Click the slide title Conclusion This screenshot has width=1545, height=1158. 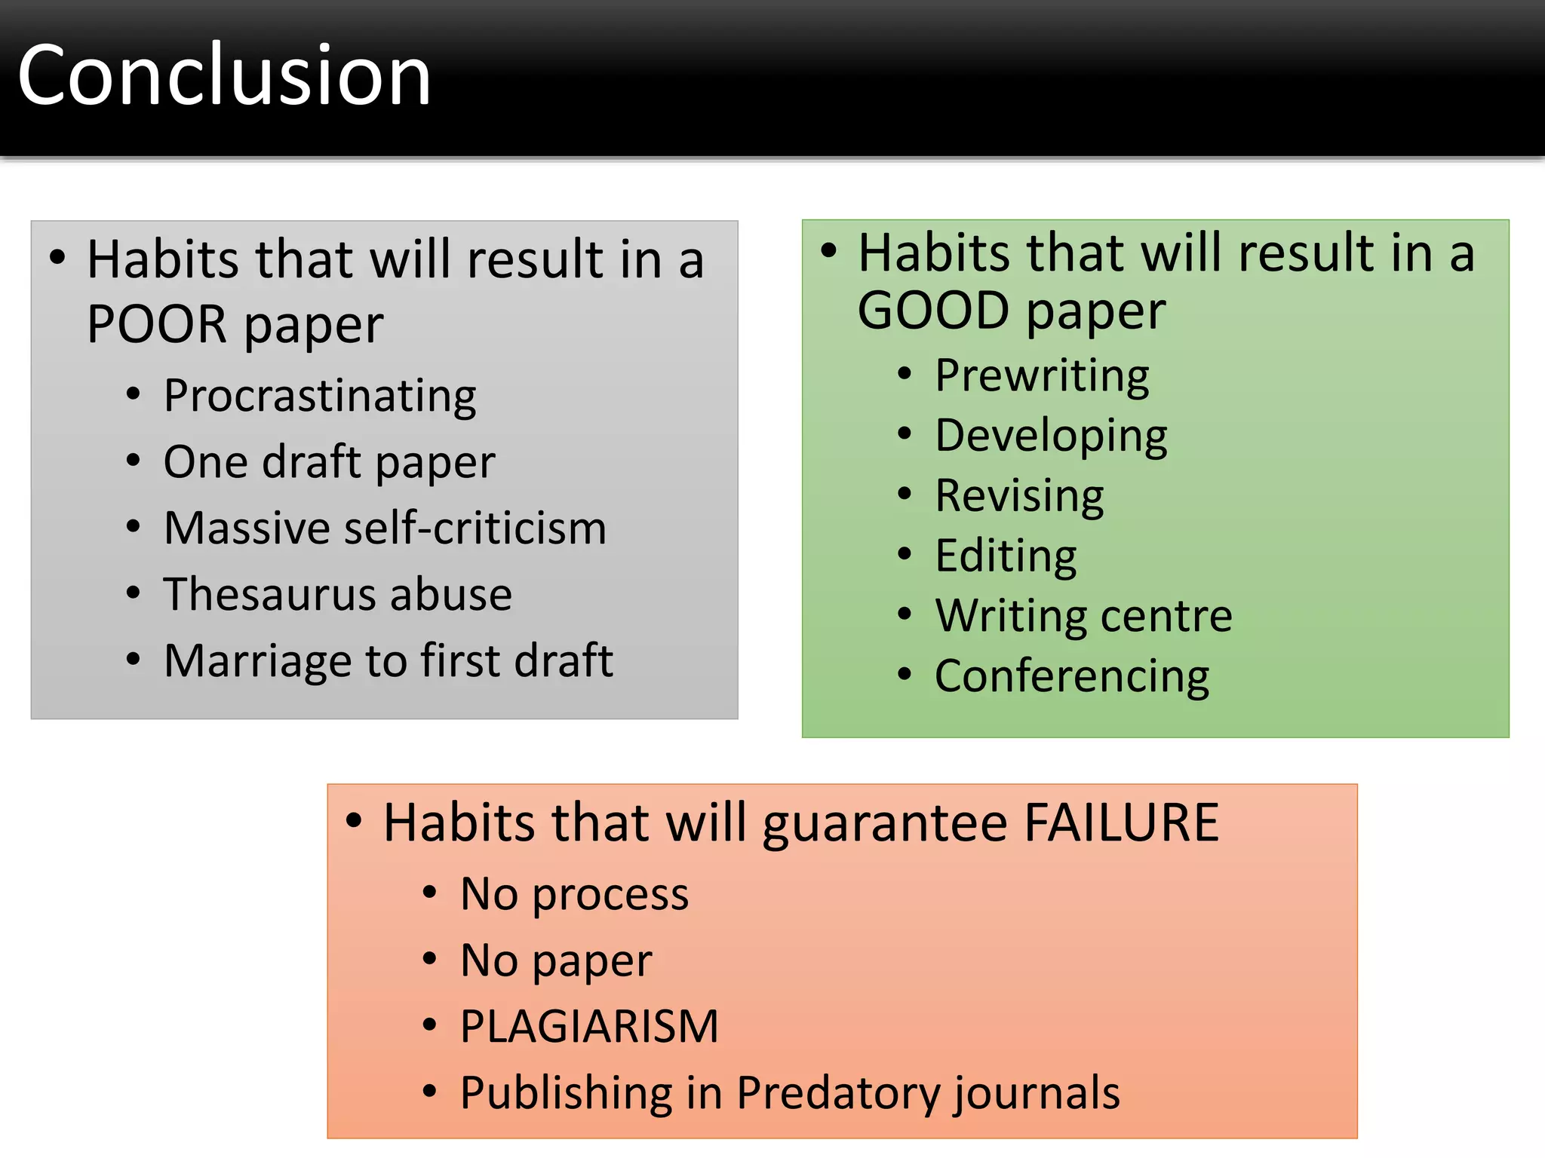pyautogui.click(x=224, y=75)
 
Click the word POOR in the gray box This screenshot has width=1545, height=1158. pyautogui.click(x=156, y=324)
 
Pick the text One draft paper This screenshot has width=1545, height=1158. pyautogui.click(x=329, y=461)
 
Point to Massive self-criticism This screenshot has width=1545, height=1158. pyautogui.click(x=385, y=528)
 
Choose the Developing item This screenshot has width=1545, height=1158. pyautogui.click(x=1051, y=436)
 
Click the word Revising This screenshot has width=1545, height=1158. pyautogui.click(x=1019, y=496)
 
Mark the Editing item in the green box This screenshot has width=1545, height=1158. pyautogui.click(x=1006, y=556)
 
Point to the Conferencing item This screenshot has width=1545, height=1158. pyautogui.click(x=1072, y=676)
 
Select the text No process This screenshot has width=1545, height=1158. pyautogui.click(x=574, y=894)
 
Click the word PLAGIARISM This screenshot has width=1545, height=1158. pyautogui.click(x=589, y=1027)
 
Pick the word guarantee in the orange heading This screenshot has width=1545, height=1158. pyautogui.click(x=885, y=823)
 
